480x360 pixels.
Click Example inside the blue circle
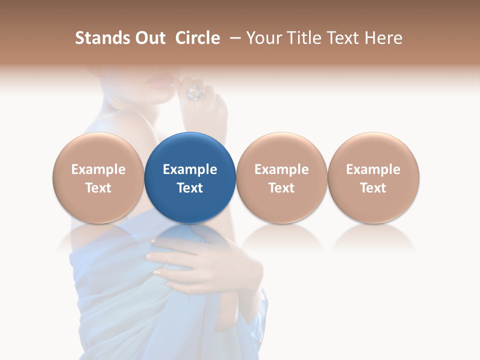pyautogui.click(x=190, y=169)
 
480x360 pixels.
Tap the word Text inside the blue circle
pyautogui.click(x=190, y=188)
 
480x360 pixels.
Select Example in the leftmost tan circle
pyautogui.click(x=98, y=169)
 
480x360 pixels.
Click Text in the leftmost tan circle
pyautogui.click(x=98, y=188)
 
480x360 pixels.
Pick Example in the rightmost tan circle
pyautogui.click(x=373, y=169)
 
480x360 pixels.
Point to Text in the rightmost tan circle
pyautogui.click(x=373, y=188)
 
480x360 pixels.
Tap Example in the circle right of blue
pyautogui.click(x=281, y=169)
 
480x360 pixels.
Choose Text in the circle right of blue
pyautogui.click(x=281, y=188)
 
